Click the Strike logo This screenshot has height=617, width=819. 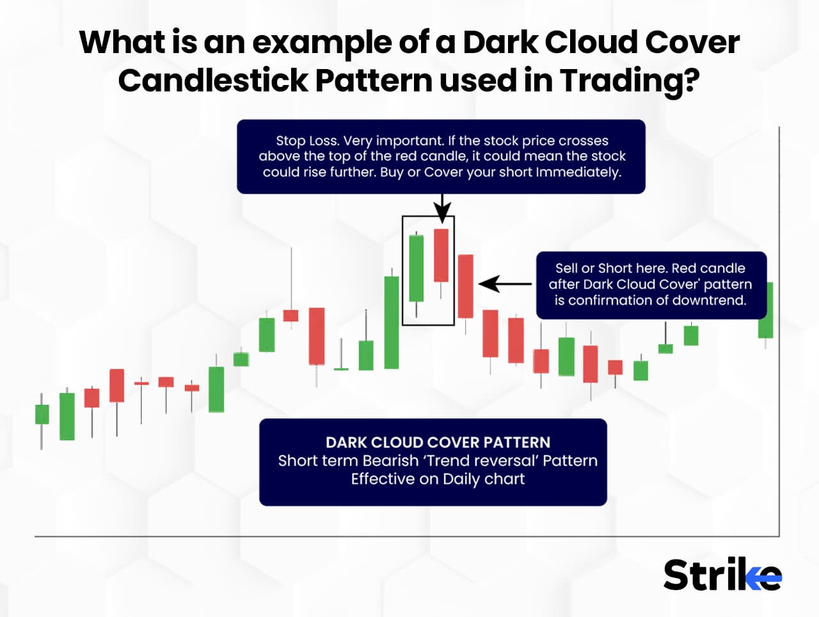point(722,575)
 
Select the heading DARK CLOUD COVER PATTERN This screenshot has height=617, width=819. point(438,442)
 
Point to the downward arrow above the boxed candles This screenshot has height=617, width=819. point(441,208)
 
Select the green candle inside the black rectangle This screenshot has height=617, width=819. point(416,268)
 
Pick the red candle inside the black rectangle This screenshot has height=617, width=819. point(441,255)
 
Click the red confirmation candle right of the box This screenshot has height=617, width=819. point(465,286)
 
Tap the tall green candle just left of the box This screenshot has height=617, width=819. point(391,322)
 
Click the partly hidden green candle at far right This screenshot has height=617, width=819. point(766,310)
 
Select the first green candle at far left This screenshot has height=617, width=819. point(42,414)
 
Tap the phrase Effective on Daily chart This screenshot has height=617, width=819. point(438,479)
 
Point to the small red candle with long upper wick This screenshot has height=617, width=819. point(290,315)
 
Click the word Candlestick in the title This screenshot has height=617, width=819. point(212,81)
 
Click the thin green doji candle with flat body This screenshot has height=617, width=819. point(341,369)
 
